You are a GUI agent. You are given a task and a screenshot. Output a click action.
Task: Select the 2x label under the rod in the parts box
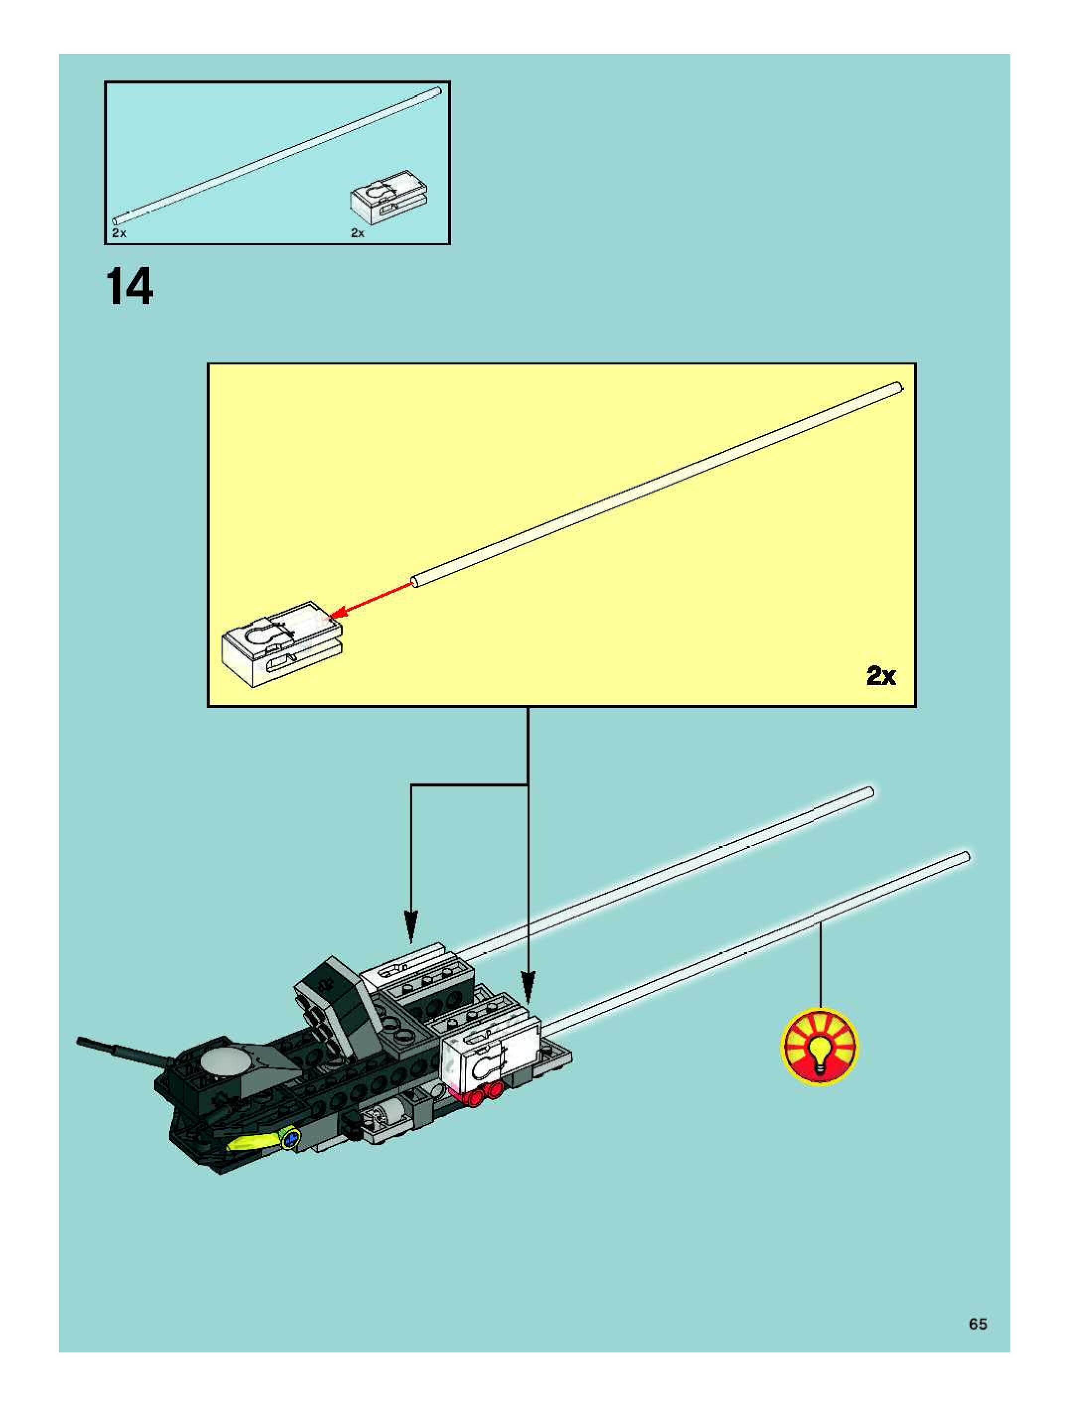(x=119, y=233)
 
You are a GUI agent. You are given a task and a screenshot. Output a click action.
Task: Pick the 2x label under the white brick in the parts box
(x=357, y=233)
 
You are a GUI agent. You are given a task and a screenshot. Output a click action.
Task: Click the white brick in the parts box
(x=388, y=195)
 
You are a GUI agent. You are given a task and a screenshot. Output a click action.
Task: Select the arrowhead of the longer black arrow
(x=527, y=988)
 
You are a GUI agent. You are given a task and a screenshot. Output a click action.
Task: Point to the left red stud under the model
(x=474, y=1097)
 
